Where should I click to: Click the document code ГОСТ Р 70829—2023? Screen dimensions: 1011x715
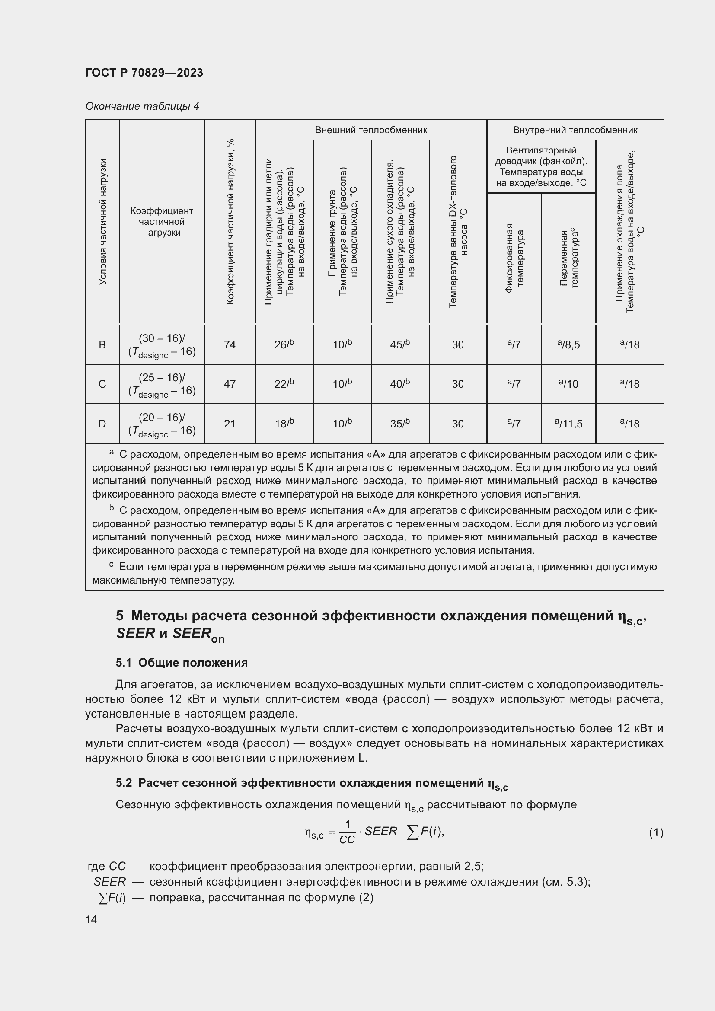pyautogui.click(x=144, y=73)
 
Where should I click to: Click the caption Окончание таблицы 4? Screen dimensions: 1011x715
pyautogui.click(x=142, y=106)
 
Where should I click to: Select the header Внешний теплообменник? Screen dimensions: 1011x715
pyautogui.click(x=371, y=130)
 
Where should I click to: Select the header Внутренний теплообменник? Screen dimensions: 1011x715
pyautogui.click(x=575, y=130)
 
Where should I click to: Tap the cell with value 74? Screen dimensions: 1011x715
pyautogui.click(x=230, y=344)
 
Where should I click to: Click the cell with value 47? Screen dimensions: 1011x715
pyautogui.click(x=230, y=384)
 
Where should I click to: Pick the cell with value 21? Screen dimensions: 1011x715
pyautogui.click(x=230, y=424)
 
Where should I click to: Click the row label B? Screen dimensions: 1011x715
pyautogui.click(x=102, y=344)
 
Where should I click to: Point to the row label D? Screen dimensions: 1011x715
pyautogui.click(x=102, y=424)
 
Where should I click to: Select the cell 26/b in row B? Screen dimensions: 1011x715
pyautogui.click(x=284, y=344)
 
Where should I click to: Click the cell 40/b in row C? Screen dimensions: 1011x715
pyautogui.click(x=400, y=384)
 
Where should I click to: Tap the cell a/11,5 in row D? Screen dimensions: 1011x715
pyautogui.click(x=568, y=424)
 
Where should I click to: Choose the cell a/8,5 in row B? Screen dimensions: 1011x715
pyautogui.click(x=568, y=344)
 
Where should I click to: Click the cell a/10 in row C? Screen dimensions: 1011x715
pyautogui.click(x=568, y=384)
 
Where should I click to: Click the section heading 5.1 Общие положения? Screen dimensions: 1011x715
pyautogui.click(x=182, y=663)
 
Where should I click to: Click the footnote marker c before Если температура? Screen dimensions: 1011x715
pyautogui.click(x=112, y=565)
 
